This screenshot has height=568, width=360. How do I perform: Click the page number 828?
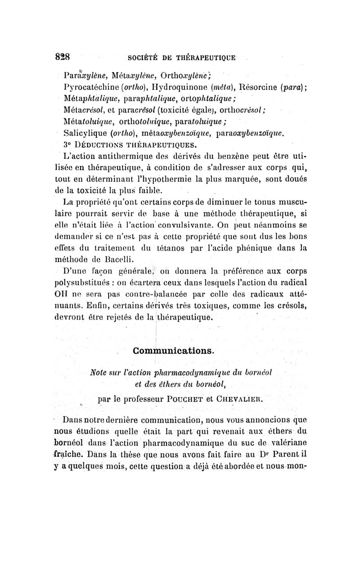63,57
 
